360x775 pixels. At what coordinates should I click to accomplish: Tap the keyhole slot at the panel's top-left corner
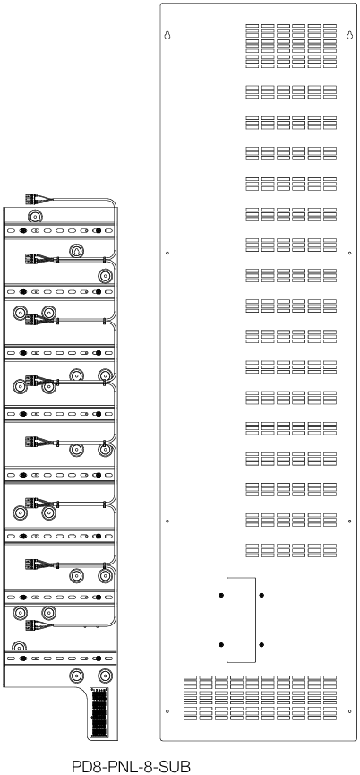(x=167, y=37)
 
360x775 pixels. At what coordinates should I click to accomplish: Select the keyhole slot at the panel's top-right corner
(x=348, y=37)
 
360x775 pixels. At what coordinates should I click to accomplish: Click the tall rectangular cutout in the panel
(x=241, y=619)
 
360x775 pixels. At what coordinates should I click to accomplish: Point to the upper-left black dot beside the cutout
(x=221, y=595)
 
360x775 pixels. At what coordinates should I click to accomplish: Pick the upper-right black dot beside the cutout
(x=261, y=595)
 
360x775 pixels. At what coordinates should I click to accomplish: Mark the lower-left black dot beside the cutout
(x=221, y=644)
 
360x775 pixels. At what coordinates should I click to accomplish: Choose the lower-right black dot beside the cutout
(x=261, y=644)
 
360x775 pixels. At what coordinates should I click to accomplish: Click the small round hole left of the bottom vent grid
(x=167, y=712)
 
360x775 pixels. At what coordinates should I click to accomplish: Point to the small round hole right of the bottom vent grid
(x=348, y=712)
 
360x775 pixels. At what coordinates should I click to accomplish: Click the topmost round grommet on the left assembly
(x=36, y=217)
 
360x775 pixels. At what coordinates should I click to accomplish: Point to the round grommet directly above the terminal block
(x=106, y=675)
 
